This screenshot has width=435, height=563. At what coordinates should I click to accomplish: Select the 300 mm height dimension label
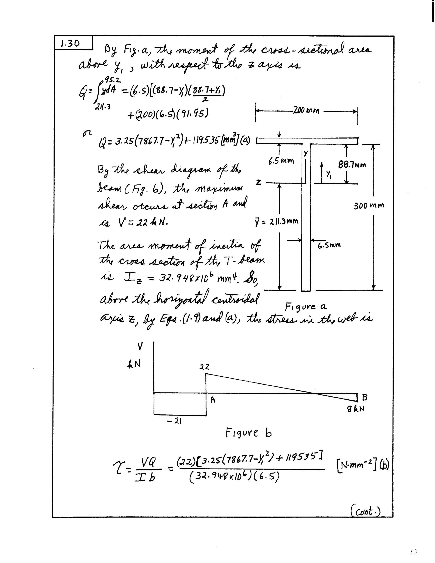[369, 206]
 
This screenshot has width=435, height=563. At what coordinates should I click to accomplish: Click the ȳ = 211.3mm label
[276, 221]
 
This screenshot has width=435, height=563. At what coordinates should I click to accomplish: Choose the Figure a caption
[305, 307]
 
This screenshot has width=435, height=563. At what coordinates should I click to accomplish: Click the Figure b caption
[248, 433]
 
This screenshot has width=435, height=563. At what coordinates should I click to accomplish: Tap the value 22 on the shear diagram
[204, 367]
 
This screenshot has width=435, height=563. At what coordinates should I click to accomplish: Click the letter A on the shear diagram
[213, 400]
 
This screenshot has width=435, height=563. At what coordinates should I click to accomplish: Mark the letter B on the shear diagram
[364, 397]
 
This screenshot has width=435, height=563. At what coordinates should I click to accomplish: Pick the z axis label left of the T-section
[258, 182]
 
